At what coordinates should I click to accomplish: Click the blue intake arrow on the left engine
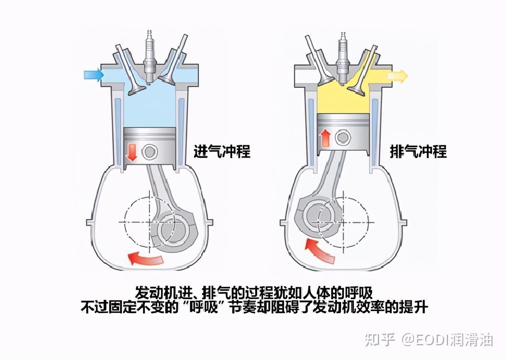tap(93, 74)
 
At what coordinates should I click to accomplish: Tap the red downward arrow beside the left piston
tap(132, 151)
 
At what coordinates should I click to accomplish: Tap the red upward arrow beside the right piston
tap(325, 138)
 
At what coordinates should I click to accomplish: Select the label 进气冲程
tap(222, 151)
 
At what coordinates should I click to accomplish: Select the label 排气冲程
tap(418, 151)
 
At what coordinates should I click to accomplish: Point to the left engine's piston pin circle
tap(149, 152)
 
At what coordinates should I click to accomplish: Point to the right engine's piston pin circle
tap(342, 138)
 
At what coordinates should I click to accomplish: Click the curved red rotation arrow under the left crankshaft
tap(146, 258)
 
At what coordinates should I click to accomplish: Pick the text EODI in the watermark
tap(431, 340)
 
